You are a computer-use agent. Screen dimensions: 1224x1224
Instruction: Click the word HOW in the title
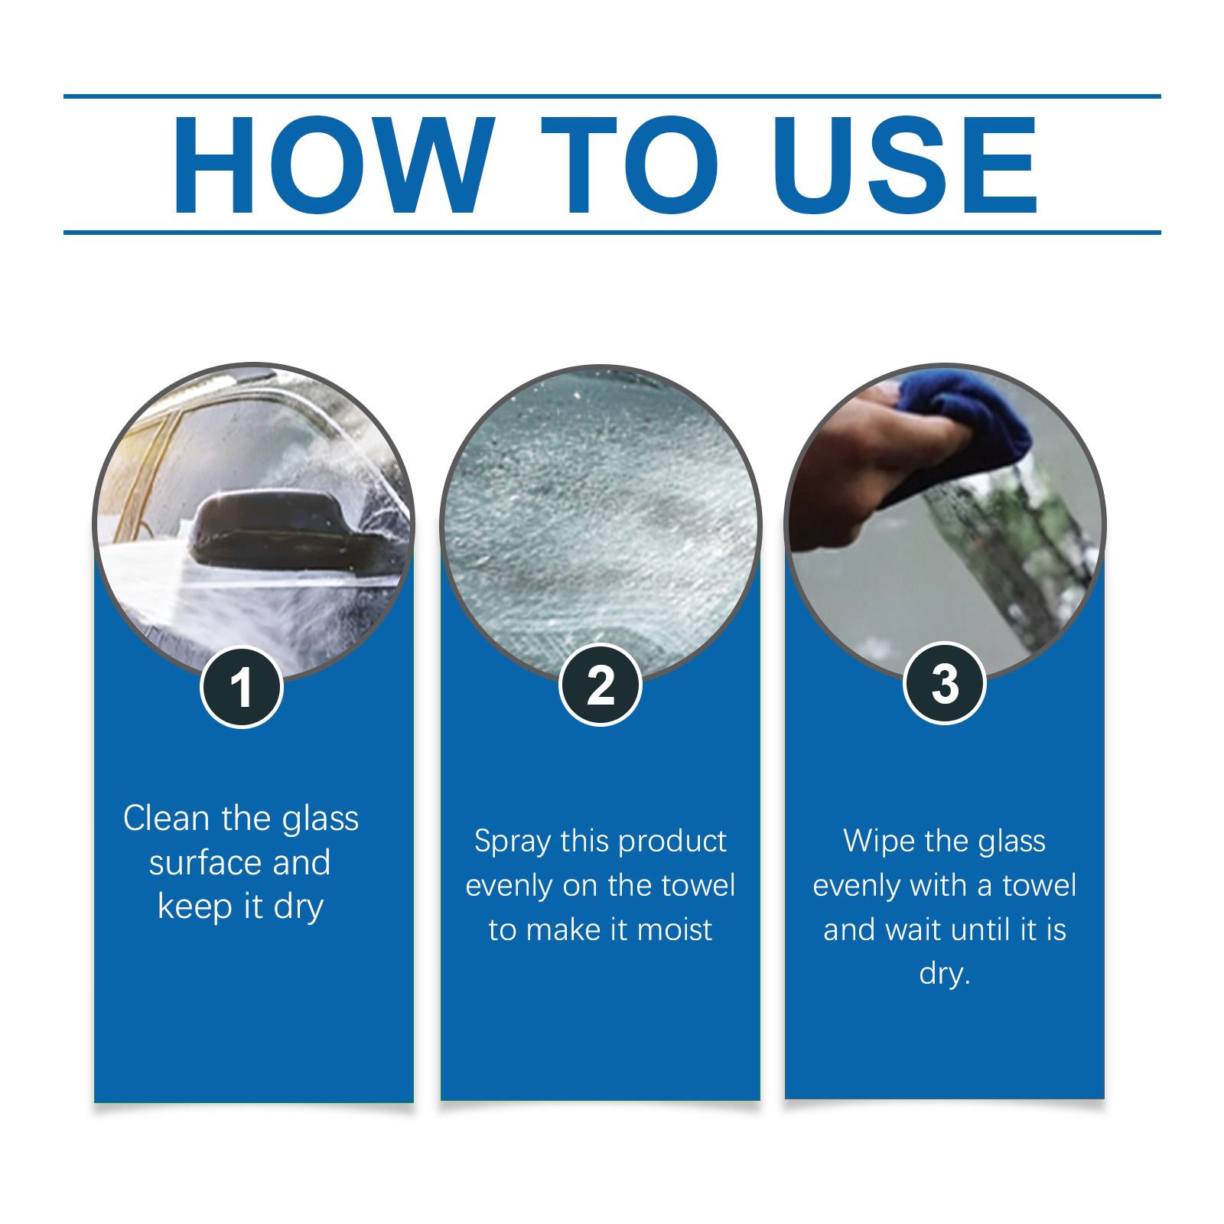[x=329, y=165]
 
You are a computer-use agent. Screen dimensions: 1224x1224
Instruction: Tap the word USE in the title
[x=910, y=165]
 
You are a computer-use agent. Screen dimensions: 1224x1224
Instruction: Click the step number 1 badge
[x=242, y=686]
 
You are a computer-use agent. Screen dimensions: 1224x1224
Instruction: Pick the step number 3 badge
[x=945, y=683]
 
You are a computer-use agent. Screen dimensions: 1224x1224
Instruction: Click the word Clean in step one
[x=166, y=819]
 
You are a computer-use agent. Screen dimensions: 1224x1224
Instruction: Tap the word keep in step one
[x=194, y=908]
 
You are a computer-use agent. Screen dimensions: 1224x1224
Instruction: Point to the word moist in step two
[x=675, y=930]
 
